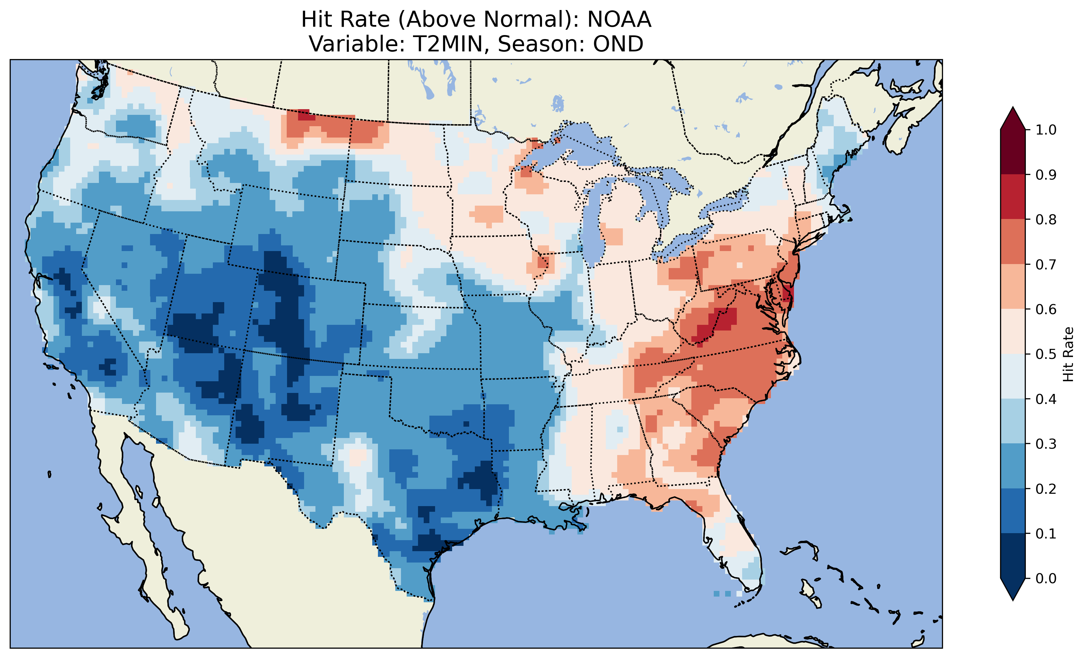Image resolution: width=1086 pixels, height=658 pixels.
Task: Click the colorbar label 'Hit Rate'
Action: click(x=1068, y=354)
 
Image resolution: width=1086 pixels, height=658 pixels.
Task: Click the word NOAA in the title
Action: click(x=619, y=20)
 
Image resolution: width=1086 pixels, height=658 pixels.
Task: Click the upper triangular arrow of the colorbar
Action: click(x=1013, y=119)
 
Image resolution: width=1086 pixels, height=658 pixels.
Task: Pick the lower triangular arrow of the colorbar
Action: click(x=1013, y=589)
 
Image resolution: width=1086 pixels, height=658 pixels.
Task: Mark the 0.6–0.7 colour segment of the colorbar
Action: click(x=1013, y=286)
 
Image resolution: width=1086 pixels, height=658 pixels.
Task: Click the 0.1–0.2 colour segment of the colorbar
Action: click(x=1013, y=511)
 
